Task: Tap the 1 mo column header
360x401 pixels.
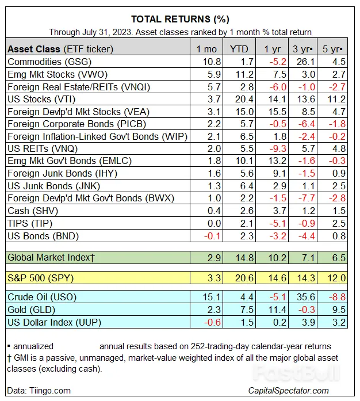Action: click(206, 49)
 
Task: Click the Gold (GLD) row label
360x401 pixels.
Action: click(32, 310)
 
